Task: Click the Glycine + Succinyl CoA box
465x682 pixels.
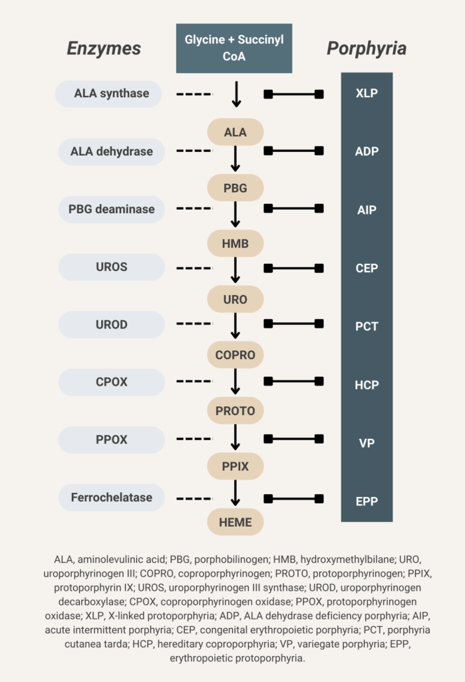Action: (233, 48)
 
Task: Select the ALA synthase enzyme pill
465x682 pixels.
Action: (108, 93)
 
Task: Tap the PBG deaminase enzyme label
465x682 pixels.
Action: (112, 209)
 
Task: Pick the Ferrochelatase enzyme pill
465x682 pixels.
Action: (112, 497)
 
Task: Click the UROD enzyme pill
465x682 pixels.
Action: (112, 324)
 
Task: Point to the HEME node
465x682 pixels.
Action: (235, 522)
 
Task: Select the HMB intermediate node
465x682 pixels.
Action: (235, 243)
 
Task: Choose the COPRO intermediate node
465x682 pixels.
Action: (235, 355)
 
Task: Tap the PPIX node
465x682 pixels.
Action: (235, 466)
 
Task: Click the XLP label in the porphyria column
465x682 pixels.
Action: (367, 93)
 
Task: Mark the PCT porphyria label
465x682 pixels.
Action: (367, 326)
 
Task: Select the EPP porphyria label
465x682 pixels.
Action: (367, 501)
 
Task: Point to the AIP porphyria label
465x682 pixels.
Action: (367, 210)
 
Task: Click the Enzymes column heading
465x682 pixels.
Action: (104, 48)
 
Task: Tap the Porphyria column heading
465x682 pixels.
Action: (367, 49)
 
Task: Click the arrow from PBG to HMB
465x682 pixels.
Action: (235, 214)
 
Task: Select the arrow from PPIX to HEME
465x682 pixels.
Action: (235, 493)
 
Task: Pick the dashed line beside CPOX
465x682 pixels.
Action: (194, 382)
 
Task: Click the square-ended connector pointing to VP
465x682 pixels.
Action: (294, 439)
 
